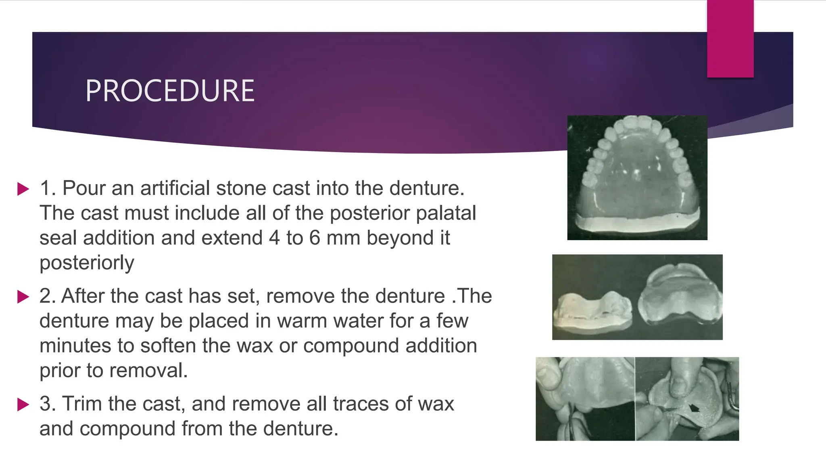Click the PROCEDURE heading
(170, 91)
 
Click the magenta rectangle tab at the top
(730, 39)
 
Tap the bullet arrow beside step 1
(23, 189)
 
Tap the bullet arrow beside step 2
(23, 297)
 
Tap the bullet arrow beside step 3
(23, 404)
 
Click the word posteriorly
(87, 263)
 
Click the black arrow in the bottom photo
(694, 408)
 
